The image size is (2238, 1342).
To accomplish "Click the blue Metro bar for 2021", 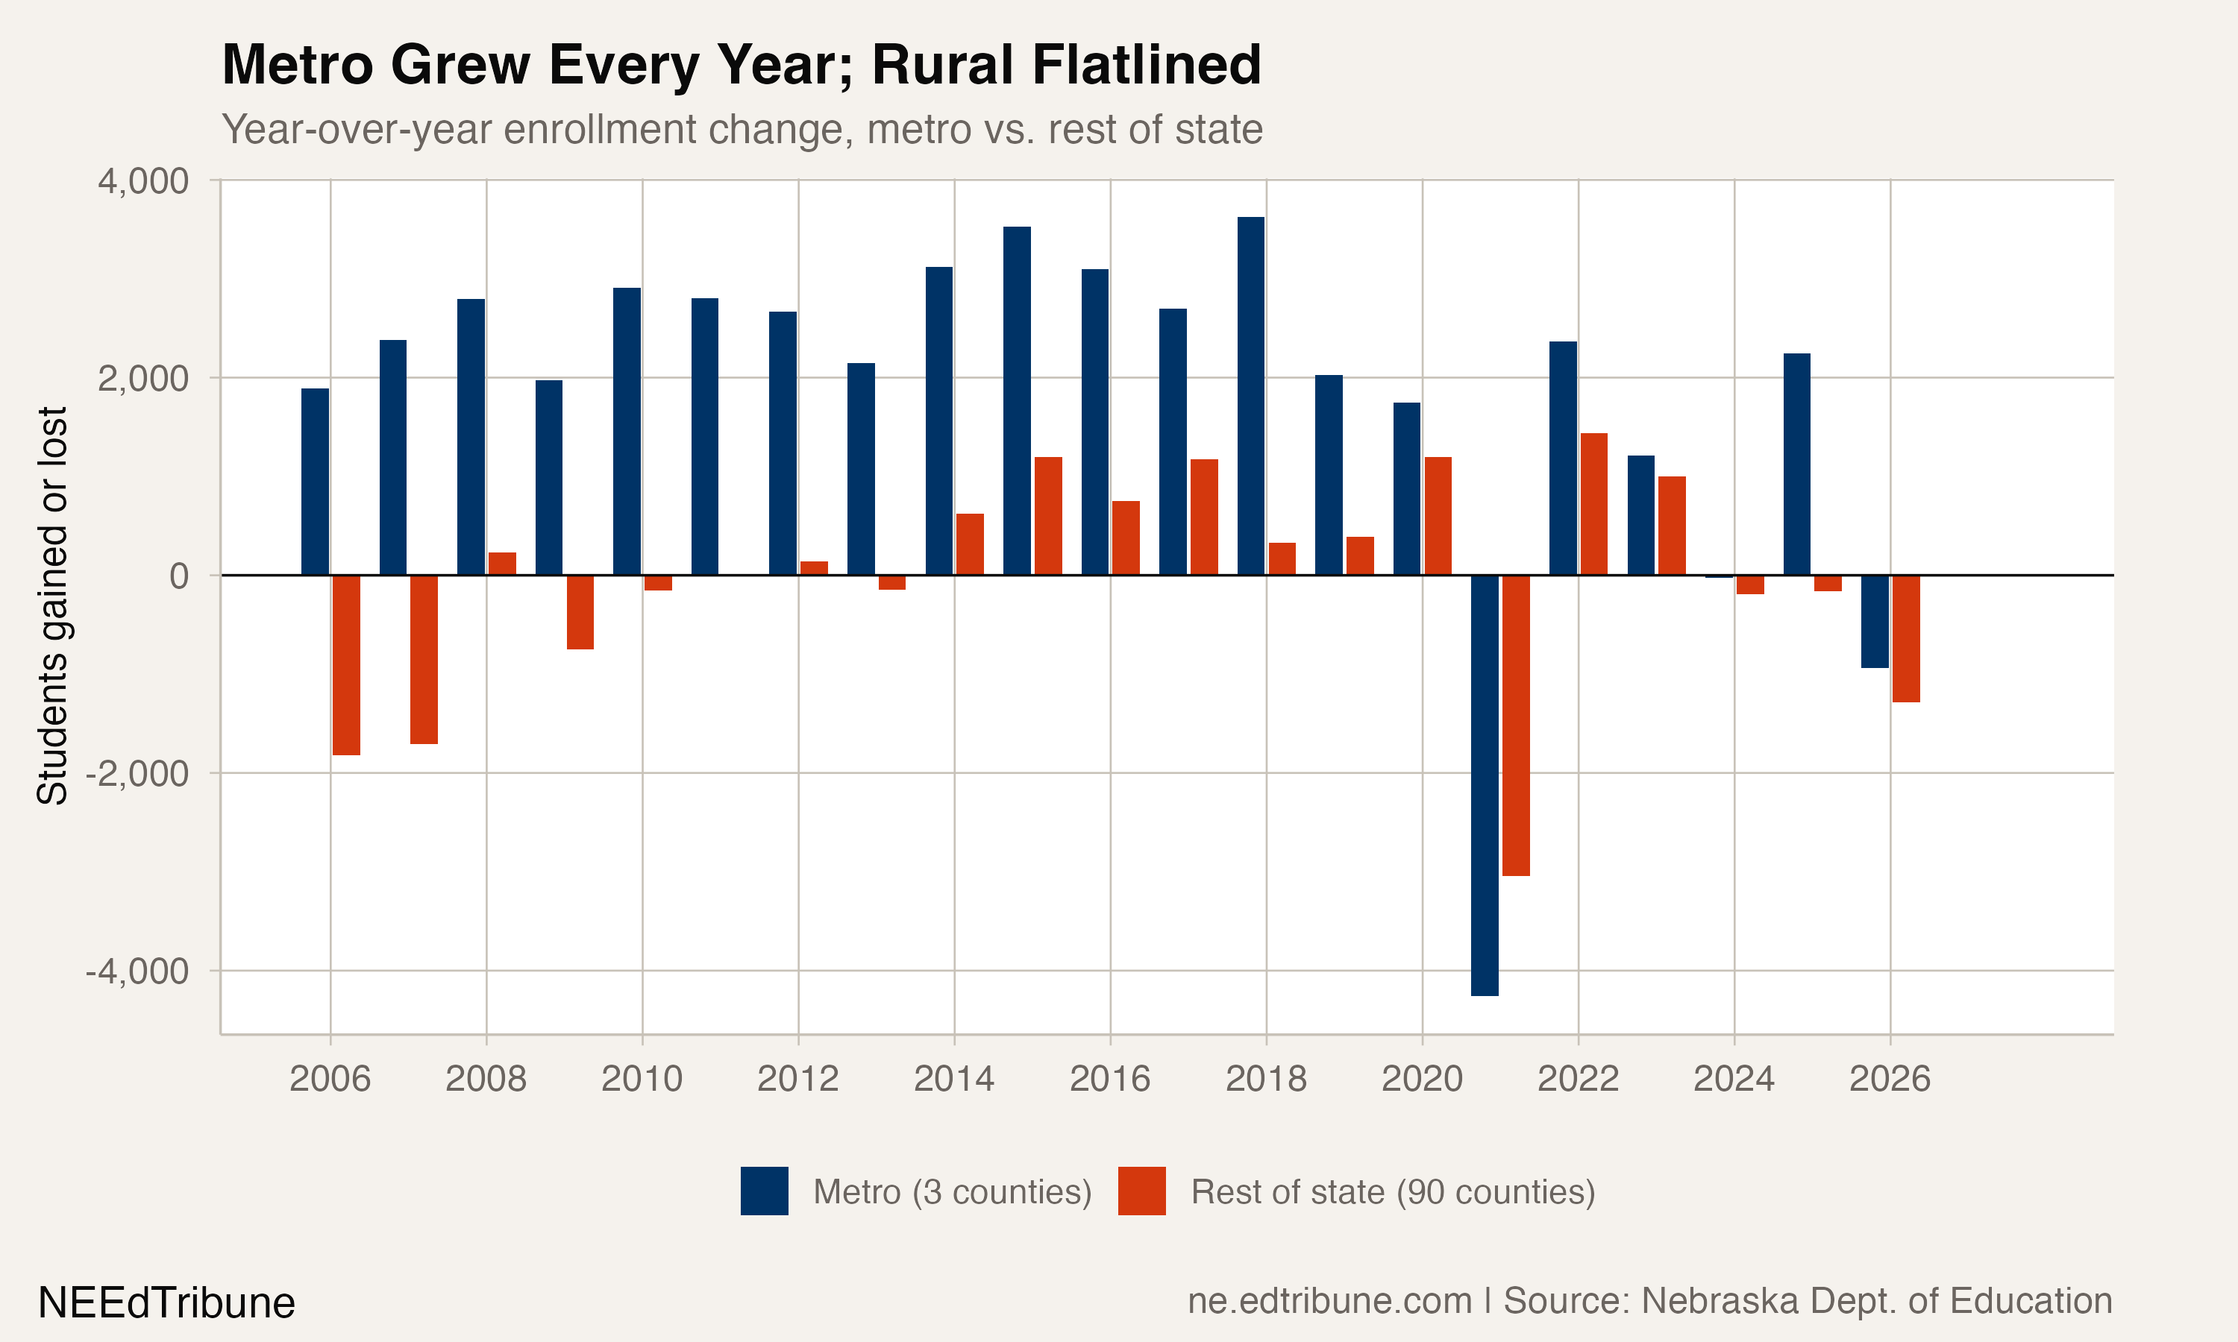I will tap(1485, 785).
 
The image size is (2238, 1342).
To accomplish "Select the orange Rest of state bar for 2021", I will tap(1516, 725).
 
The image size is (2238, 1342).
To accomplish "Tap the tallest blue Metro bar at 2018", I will tap(1251, 396).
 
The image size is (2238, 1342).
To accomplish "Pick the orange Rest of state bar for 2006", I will tap(346, 665).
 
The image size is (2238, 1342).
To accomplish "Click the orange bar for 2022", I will tap(1594, 505).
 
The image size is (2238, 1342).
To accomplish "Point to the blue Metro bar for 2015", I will tap(1017, 400).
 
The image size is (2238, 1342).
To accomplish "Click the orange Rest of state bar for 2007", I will tap(424, 659).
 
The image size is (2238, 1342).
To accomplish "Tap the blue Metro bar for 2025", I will tap(1796, 464).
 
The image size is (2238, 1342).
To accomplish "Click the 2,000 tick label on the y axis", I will tap(144, 379).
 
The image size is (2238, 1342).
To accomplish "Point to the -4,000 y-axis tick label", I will tap(137, 972).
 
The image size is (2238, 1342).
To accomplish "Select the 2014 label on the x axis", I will tap(953, 1079).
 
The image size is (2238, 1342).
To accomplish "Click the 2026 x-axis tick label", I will tap(1890, 1079).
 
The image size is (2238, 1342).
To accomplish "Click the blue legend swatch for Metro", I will tap(765, 1191).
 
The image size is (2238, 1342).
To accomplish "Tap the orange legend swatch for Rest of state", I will tap(1141, 1191).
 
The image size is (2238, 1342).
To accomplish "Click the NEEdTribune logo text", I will tap(166, 1303).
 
